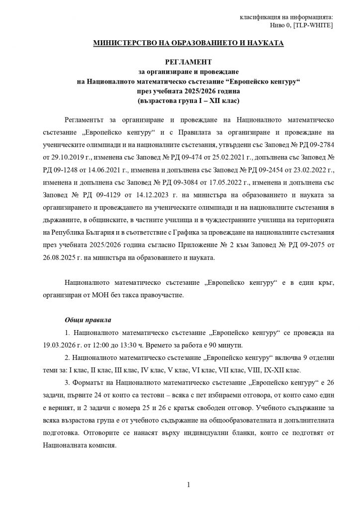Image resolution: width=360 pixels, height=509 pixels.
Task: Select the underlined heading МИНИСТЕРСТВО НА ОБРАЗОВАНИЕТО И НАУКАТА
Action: pyautogui.click(x=189, y=44)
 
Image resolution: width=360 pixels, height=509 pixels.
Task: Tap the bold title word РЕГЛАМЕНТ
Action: pyautogui.click(x=188, y=63)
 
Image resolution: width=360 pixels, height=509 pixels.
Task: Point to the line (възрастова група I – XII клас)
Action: pyautogui.click(x=188, y=101)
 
